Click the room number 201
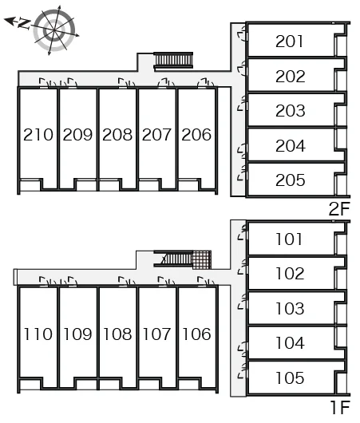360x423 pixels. point(289,42)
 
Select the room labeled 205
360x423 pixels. point(290,180)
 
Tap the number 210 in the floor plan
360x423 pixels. point(38,134)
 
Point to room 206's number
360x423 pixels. point(196,134)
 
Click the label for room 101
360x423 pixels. point(289,239)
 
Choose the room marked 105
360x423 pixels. point(290,378)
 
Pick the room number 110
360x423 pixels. point(38,334)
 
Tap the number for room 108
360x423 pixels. point(117,334)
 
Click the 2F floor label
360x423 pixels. point(339,208)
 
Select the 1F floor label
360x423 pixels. point(340,407)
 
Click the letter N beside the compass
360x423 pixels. point(24,24)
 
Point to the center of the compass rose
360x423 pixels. point(54,30)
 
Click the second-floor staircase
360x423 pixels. point(173,60)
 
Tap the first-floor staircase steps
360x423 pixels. point(176,259)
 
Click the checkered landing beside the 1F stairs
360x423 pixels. point(202,260)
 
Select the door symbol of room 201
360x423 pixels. point(243,34)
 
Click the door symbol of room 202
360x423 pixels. point(243,69)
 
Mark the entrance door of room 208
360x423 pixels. point(126,83)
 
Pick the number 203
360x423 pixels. point(290,111)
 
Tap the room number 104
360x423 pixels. point(290,343)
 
